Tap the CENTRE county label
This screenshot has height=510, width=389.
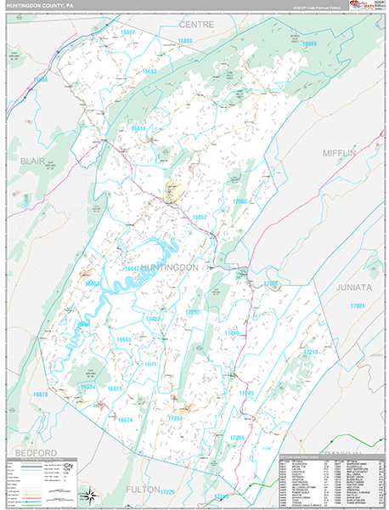[x=195, y=25]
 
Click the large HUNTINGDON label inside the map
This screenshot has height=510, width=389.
[x=169, y=267]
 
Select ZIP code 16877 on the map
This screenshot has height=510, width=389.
[x=128, y=31]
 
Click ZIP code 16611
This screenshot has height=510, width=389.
[x=138, y=128]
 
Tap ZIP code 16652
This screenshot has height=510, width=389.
[x=200, y=218]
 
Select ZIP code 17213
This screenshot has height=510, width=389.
[x=311, y=351]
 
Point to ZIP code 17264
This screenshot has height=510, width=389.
[x=175, y=418]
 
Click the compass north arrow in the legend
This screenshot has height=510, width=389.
[x=86, y=494]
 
